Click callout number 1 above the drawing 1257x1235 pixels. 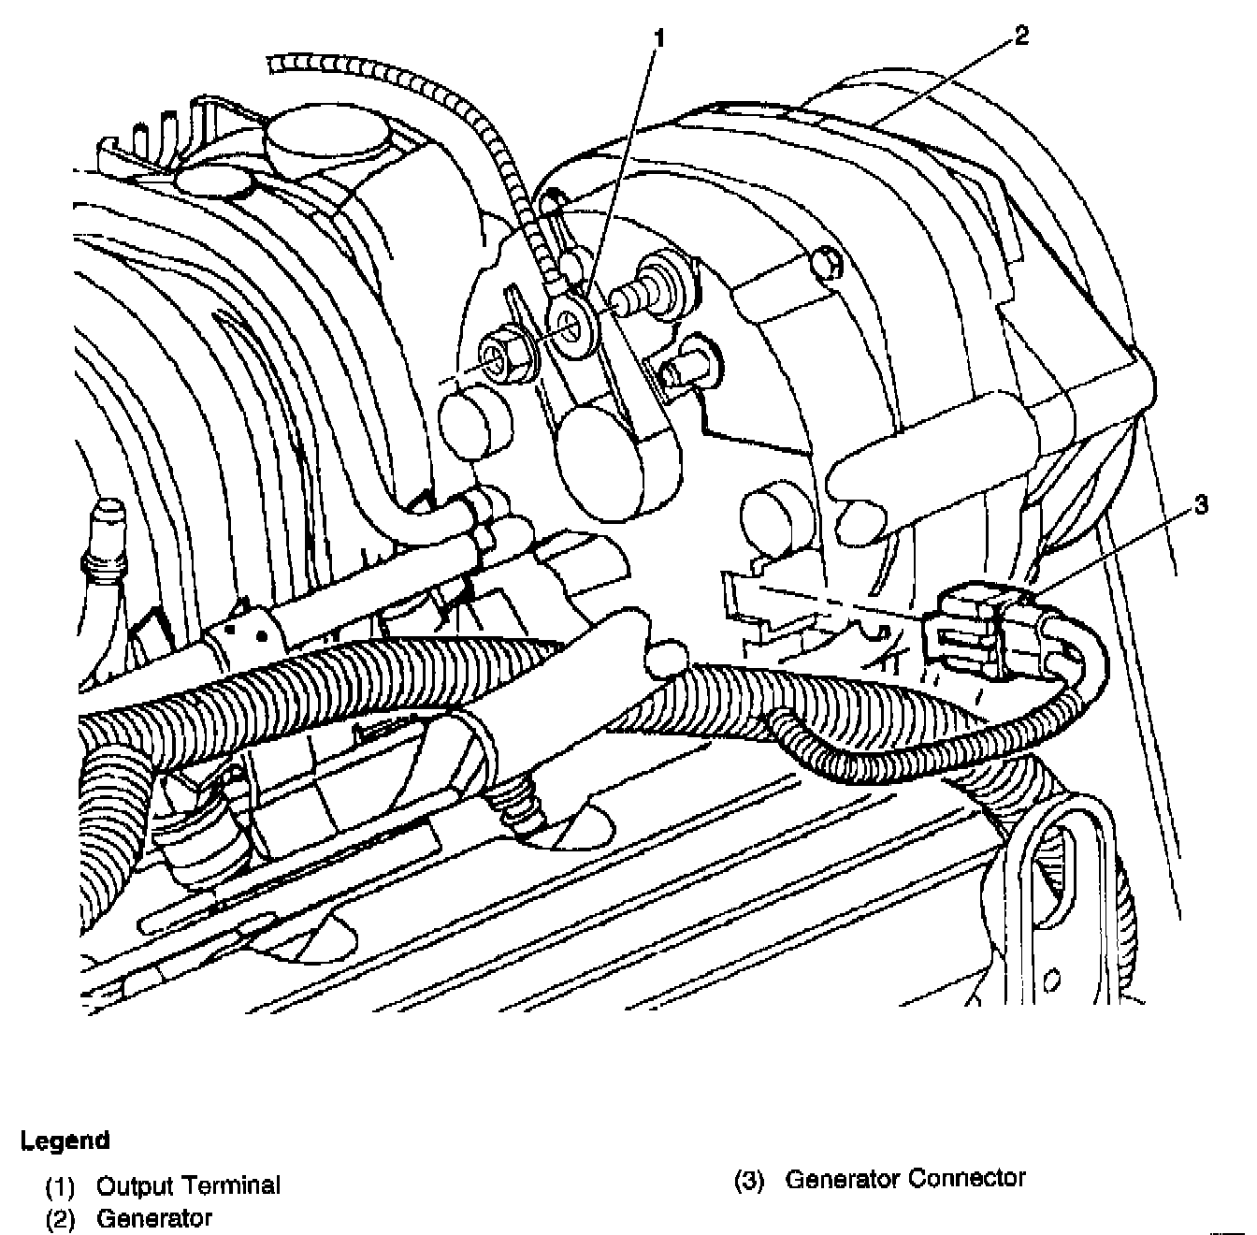coord(660,39)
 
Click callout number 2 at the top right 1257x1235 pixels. coord(1020,36)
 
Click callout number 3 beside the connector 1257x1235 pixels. coord(1201,505)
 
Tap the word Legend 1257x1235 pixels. coord(65,1141)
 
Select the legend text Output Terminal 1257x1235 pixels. coord(188,1185)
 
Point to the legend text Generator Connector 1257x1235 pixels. coord(905,1178)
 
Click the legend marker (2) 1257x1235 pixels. coord(60,1219)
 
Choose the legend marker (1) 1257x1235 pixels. coord(60,1186)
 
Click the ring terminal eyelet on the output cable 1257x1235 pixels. coord(570,321)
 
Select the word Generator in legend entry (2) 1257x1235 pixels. coord(154,1219)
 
